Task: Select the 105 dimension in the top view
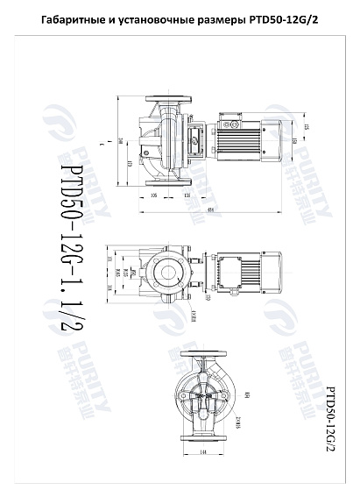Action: pyautogui.click(x=154, y=195)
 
